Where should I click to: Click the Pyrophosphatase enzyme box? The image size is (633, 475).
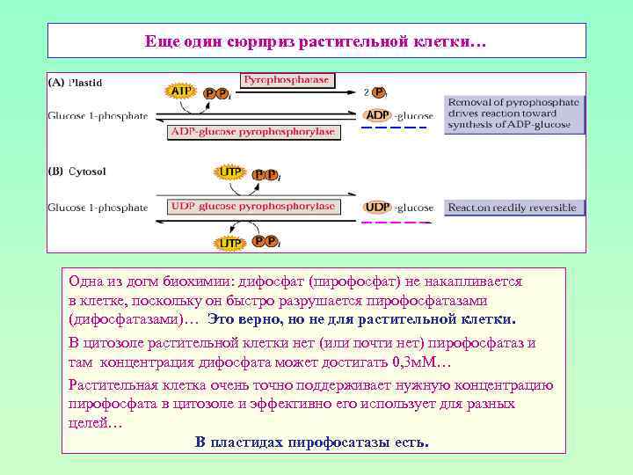(x=286, y=80)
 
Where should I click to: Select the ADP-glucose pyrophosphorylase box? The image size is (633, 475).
(x=252, y=132)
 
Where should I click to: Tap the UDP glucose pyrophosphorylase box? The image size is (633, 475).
(x=252, y=207)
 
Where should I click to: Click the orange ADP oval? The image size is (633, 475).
(x=378, y=114)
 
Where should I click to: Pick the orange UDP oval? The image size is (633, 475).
(x=378, y=208)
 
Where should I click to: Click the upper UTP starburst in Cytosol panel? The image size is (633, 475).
(x=230, y=172)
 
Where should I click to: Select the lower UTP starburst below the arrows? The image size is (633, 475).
(x=230, y=242)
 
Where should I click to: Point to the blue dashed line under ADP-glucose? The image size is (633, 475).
(x=394, y=128)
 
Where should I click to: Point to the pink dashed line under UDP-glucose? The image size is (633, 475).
(x=394, y=223)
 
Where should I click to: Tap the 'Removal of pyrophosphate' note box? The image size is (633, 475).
(x=513, y=113)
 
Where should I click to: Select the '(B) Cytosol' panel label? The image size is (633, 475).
(x=76, y=172)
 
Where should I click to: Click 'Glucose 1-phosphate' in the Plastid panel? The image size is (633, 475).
(x=98, y=115)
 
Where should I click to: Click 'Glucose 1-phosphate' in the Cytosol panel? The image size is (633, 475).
(x=98, y=208)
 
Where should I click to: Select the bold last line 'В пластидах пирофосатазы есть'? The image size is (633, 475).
(x=312, y=442)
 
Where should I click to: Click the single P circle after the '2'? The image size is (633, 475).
(x=379, y=91)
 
